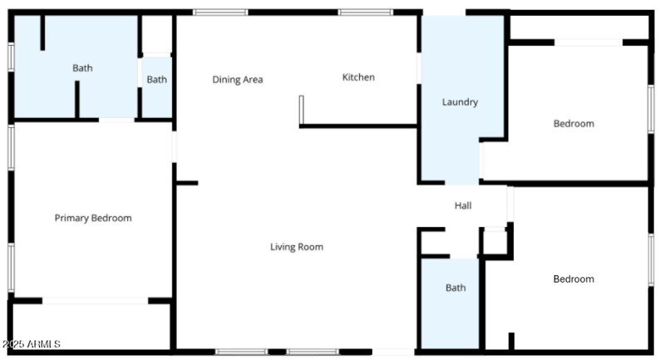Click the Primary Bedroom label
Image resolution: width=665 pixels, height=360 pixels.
[x=93, y=218]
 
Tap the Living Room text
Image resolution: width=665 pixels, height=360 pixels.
[x=297, y=247]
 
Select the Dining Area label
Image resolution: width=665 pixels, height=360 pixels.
[x=238, y=80]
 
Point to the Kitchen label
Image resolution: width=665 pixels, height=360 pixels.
[x=358, y=77]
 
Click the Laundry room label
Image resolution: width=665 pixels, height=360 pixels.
[x=460, y=102]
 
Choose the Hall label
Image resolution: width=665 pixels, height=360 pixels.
[x=463, y=205]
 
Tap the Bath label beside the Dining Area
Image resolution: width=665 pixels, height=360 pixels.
[x=157, y=80]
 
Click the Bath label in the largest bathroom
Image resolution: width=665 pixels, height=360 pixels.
[x=82, y=68]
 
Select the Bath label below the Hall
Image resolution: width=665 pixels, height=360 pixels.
[x=456, y=288]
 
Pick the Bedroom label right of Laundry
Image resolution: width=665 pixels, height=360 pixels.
[x=574, y=124]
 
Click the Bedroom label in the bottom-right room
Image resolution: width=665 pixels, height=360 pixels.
[x=574, y=279]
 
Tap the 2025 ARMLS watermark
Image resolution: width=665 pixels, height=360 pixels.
[x=31, y=344]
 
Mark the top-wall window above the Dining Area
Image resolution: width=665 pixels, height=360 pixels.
[x=220, y=12]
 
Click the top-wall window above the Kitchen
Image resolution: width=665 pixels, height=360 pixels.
[x=366, y=12]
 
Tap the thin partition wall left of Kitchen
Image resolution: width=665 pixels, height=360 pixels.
[x=301, y=110]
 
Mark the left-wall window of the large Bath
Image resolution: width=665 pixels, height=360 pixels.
[x=11, y=57]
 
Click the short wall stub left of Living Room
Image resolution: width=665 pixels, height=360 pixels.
[x=187, y=183]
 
